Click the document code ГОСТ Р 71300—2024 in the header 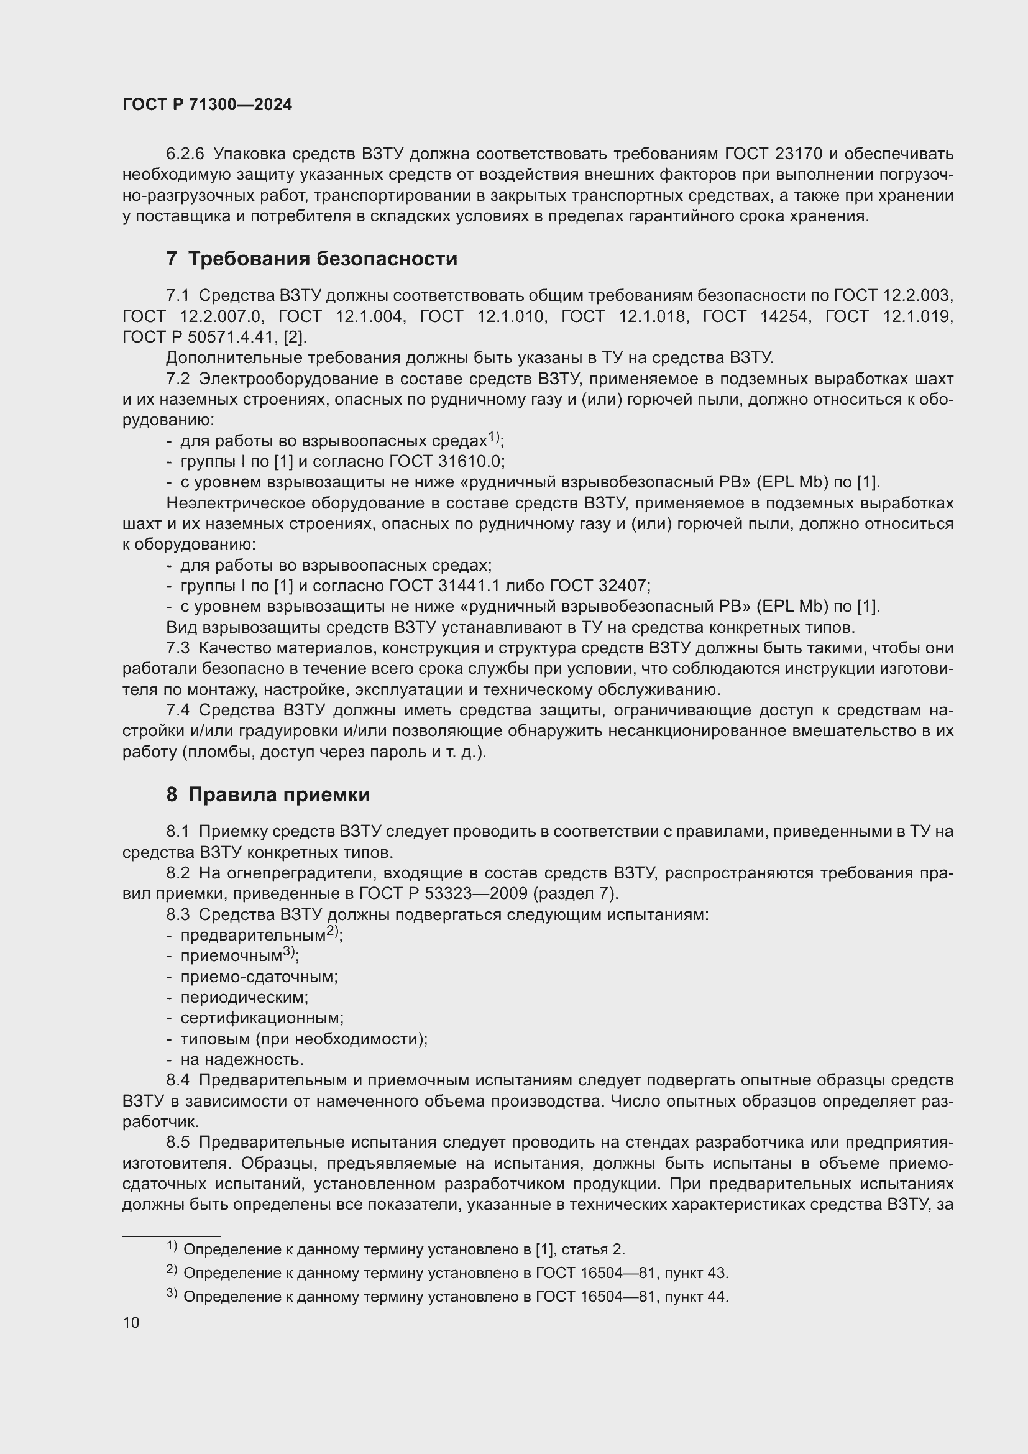pos(207,104)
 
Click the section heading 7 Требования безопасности pos(311,259)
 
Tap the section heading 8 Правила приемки pos(268,794)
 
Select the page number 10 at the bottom pos(131,1322)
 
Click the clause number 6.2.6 pos(185,154)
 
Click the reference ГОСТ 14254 pos(756,316)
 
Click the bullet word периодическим pos(244,997)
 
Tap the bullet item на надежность pos(242,1059)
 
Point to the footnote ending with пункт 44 pos(456,1296)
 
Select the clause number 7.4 pos(178,710)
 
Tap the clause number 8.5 pos(178,1142)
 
